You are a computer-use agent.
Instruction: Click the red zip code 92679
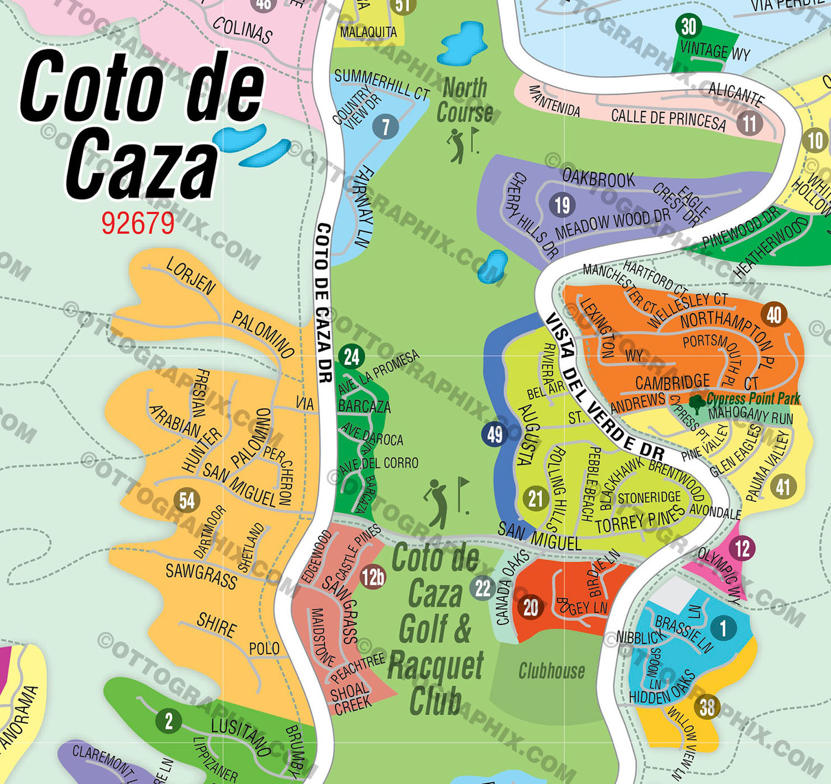pos(138,224)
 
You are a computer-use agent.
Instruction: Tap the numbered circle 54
pos(187,500)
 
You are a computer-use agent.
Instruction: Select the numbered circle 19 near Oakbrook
pos(562,205)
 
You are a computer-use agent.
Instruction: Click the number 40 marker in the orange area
pos(774,314)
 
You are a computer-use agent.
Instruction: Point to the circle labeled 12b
pos(373,576)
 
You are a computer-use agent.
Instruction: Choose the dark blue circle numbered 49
pos(494,435)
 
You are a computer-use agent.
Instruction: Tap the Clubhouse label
pos(551,671)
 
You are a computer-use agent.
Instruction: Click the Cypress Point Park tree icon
pos(697,401)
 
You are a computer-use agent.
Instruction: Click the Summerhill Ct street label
pos(382,84)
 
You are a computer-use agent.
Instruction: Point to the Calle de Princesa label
pos(668,119)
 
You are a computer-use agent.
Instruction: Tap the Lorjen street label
pos(191,275)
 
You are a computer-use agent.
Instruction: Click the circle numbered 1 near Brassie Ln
pos(722,627)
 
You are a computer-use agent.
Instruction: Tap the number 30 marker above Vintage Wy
pos(689,27)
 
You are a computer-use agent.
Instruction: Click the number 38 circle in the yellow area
pos(707,707)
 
